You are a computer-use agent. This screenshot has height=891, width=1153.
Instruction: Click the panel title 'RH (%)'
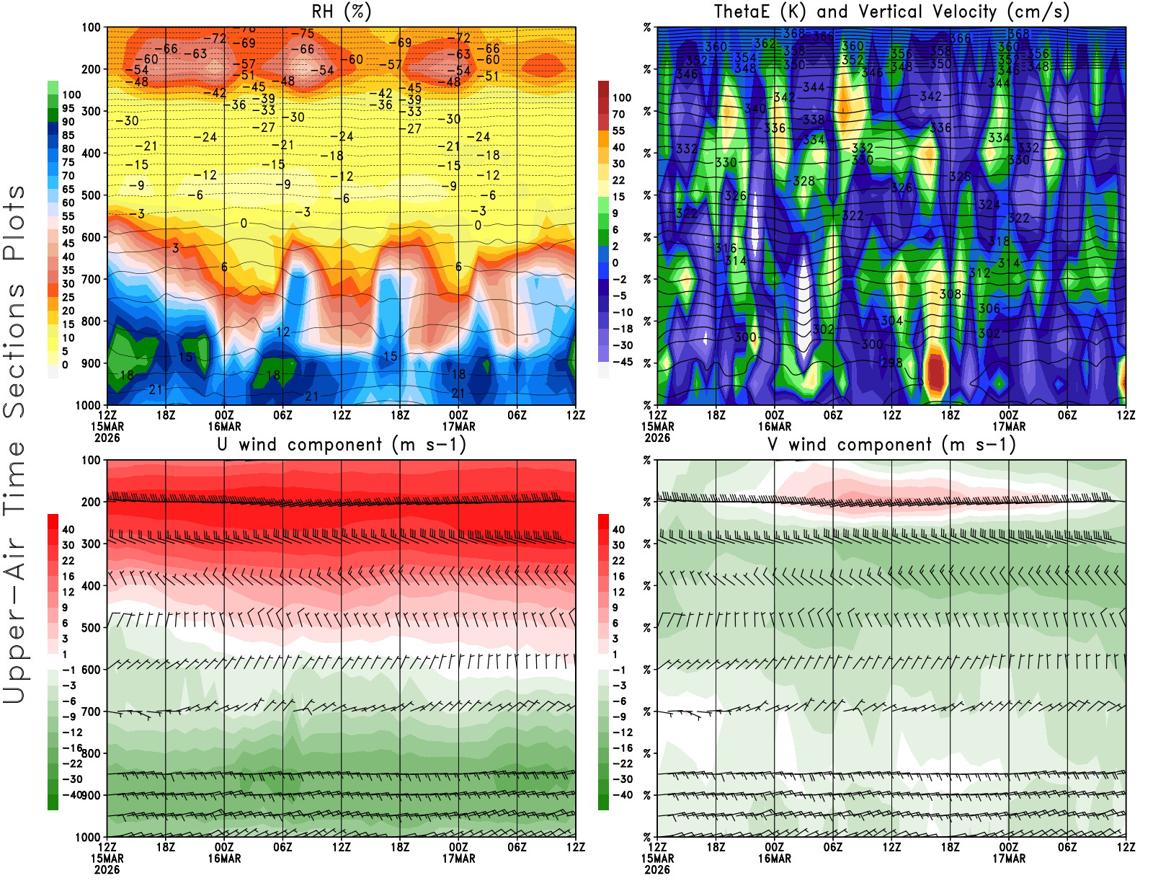click(x=341, y=12)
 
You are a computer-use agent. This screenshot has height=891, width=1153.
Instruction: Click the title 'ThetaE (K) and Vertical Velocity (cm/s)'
click(x=891, y=12)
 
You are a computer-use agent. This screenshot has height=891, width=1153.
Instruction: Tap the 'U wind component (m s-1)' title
click(x=342, y=444)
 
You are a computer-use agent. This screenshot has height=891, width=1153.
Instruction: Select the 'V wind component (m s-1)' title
click(x=891, y=444)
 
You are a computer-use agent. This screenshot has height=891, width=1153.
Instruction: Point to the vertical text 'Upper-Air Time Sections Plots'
click(x=14, y=444)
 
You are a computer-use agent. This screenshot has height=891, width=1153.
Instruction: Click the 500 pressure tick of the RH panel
click(x=91, y=195)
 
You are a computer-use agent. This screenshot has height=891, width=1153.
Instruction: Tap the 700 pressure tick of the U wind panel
click(x=91, y=712)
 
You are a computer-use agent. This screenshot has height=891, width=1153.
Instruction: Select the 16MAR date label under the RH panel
click(x=224, y=426)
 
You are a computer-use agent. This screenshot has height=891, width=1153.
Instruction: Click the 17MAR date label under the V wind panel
click(x=1009, y=859)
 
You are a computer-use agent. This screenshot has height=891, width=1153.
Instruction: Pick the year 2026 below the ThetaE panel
click(x=657, y=438)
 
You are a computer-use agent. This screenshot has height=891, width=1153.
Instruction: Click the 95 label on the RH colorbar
click(x=68, y=108)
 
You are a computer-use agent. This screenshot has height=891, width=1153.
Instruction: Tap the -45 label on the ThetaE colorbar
click(x=623, y=362)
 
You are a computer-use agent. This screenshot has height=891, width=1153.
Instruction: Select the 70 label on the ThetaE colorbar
click(x=618, y=114)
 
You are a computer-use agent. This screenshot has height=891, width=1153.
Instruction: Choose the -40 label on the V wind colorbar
click(x=623, y=795)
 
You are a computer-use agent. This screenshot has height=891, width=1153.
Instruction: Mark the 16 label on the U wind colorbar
click(x=68, y=576)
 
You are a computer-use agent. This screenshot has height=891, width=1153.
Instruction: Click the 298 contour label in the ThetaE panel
click(x=891, y=363)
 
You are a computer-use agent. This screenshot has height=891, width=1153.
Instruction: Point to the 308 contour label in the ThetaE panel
click(x=950, y=294)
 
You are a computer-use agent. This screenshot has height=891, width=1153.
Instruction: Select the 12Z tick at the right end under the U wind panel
click(x=576, y=847)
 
